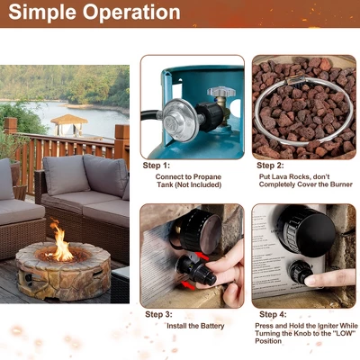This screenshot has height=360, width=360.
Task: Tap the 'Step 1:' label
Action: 157,166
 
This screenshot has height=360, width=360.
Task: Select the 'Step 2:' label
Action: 271,166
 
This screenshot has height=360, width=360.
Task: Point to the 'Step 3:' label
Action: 159,314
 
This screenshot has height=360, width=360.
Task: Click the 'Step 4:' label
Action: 271,314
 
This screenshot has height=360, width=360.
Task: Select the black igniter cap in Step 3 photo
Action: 193,266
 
